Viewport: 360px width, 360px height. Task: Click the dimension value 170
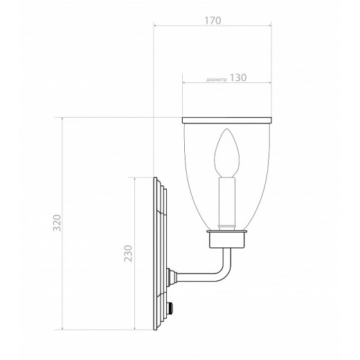tap(213, 21)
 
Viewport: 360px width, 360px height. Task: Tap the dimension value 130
tap(238, 78)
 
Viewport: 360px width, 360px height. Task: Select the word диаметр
tap(217, 80)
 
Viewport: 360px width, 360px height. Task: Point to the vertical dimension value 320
tap(57, 223)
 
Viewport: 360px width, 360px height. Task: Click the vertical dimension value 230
tap(128, 253)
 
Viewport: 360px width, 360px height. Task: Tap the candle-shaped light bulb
tap(227, 153)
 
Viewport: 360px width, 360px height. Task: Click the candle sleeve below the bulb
tap(227, 204)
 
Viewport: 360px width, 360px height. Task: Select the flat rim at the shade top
tap(227, 120)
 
